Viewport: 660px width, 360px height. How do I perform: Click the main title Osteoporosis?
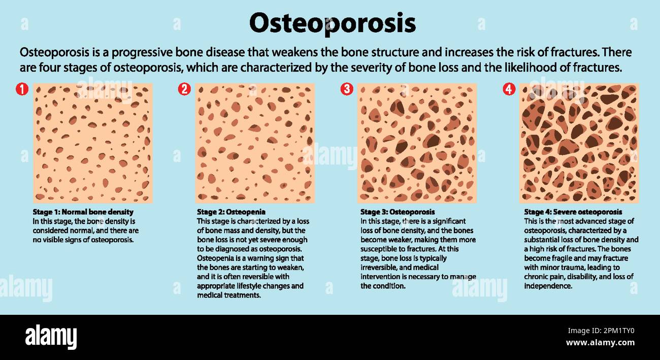[x=332, y=23]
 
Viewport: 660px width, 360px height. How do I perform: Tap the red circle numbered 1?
[x=21, y=89]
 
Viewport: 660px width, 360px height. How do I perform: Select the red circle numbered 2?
[x=184, y=89]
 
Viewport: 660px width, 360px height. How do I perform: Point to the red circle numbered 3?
[x=347, y=89]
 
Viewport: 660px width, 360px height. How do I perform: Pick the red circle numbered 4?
[x=509, y=89]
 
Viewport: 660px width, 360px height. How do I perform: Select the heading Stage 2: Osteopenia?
[x=231, y=212]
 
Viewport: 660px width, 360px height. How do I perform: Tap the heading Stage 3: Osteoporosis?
[x=398, y=212]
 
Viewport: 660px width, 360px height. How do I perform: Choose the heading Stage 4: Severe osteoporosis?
[x=573, y=212]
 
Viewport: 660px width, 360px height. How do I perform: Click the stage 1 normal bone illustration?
[x=93, y=143]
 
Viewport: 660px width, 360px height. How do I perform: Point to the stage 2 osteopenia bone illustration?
[x=255, y=143]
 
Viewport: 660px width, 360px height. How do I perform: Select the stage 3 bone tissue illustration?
[x=417, y=143]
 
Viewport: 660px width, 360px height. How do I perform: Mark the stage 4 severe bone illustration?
[x=579, y=143]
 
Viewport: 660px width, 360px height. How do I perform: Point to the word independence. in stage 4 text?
[x=548, y=286]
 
